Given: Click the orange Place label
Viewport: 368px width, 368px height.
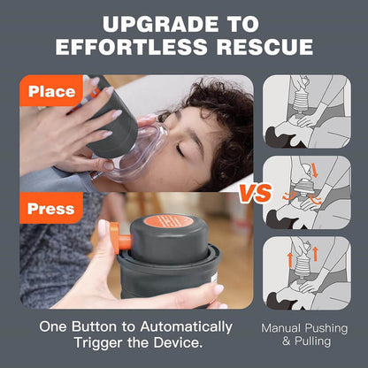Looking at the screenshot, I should pos(51,91).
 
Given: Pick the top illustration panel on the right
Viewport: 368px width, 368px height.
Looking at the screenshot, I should pos(307,111).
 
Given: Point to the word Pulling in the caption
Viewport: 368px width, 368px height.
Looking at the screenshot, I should pos(315,341).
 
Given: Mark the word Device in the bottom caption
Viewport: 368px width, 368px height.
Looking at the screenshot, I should pos(188,343).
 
